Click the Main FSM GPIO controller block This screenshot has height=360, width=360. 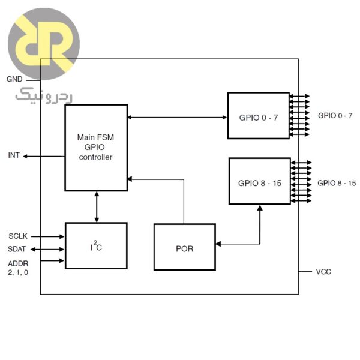point(95,148)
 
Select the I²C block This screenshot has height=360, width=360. point(95,245)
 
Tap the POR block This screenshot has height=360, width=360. point(184,247)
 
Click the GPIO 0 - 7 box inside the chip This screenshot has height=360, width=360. point(258,116)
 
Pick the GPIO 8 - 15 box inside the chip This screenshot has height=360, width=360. point(259,181)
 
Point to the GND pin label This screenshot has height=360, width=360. point(14,79)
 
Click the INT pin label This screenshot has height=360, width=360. point(14,155)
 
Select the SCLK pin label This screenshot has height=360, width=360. point(18,236)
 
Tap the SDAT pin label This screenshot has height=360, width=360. point(17,249)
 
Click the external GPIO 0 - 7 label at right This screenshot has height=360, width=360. point(335,115)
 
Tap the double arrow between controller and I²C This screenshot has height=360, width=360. point(96,207)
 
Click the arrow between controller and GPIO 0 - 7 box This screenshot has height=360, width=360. point(178,116)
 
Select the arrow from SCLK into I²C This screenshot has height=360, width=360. point(48,236)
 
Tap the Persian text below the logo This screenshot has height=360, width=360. point(35,95)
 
